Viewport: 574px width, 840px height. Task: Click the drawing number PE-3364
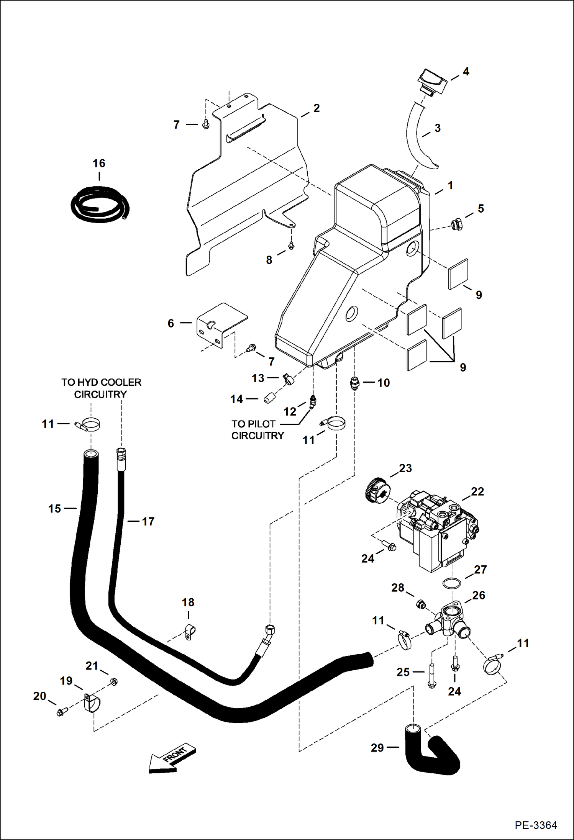pyautogui.click(x=535, y=825)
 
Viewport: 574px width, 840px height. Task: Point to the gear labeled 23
pyautogui.click(x=378, y=491)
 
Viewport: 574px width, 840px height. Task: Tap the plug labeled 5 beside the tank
pyautogui.click(x=456, y=224)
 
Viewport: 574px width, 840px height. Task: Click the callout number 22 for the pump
pyautogui.click(x=477, y=491)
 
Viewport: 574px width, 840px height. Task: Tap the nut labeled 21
pyautogui.click(x=113, y=682)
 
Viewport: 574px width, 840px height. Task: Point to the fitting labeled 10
pyautogui.click(x=354, y=383)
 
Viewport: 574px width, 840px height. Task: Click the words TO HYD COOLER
pyautogui.click(x=101, y=382)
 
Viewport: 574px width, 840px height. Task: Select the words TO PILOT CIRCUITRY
pyautogui.click(x=257, y=430)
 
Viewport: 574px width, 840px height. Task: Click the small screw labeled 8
pyautogui.click(x=291, y=245)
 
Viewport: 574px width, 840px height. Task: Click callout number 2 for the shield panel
pyautogui.click(x=317, y=108)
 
